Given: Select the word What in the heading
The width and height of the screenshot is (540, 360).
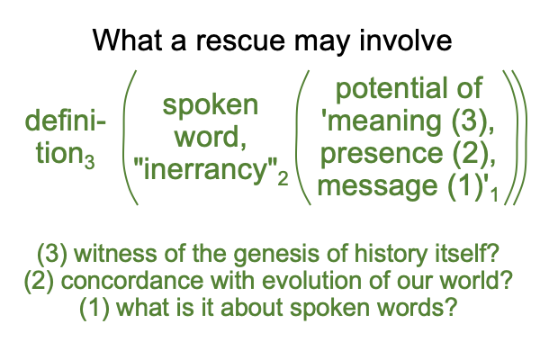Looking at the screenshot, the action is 128,40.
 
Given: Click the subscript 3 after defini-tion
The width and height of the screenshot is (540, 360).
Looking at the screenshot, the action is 90,162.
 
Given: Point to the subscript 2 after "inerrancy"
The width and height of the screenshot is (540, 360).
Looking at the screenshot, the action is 283,179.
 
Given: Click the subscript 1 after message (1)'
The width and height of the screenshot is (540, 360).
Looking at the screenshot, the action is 494,194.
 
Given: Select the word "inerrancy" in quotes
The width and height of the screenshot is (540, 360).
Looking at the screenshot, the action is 205,169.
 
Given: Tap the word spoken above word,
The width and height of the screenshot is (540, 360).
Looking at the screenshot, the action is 210,106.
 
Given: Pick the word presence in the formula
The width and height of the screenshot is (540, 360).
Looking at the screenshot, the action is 382,153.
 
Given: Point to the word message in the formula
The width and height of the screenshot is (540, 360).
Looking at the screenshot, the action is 377,185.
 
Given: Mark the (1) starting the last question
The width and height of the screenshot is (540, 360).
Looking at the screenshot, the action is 94,307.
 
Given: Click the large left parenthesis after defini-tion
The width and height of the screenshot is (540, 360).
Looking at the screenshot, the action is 130,138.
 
